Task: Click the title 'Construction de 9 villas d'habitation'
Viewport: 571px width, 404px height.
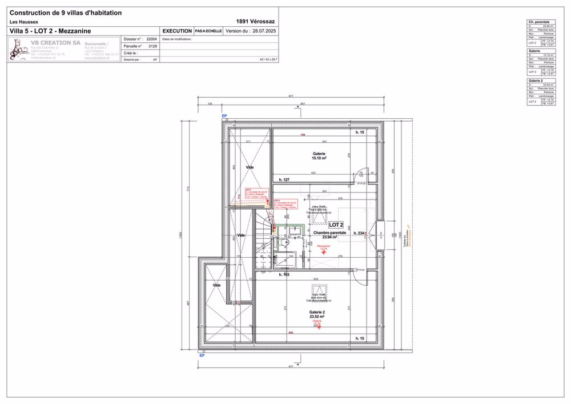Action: (66, 13)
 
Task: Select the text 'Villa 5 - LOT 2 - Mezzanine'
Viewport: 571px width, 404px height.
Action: (50, 31)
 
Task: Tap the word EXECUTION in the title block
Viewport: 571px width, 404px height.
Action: (177, 31)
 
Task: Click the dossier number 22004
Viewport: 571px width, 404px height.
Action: (151, 39)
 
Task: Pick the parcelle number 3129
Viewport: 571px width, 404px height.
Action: (152, 46)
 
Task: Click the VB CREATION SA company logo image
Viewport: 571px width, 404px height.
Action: (19, 50)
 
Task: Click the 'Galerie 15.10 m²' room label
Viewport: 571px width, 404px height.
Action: (319, 156)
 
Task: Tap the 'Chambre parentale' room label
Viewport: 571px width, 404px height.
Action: (329, 233)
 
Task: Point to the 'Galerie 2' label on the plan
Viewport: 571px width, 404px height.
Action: (317, 311)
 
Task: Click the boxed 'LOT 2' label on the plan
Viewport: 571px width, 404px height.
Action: (336, 225)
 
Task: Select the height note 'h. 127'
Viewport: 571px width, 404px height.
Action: (284, 180)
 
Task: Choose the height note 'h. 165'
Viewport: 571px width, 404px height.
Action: (284, 275)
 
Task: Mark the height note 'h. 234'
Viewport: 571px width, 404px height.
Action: (359, 233)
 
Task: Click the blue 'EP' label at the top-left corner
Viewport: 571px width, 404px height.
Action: (224, 116)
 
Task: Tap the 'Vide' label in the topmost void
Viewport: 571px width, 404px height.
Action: (250, 167)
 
